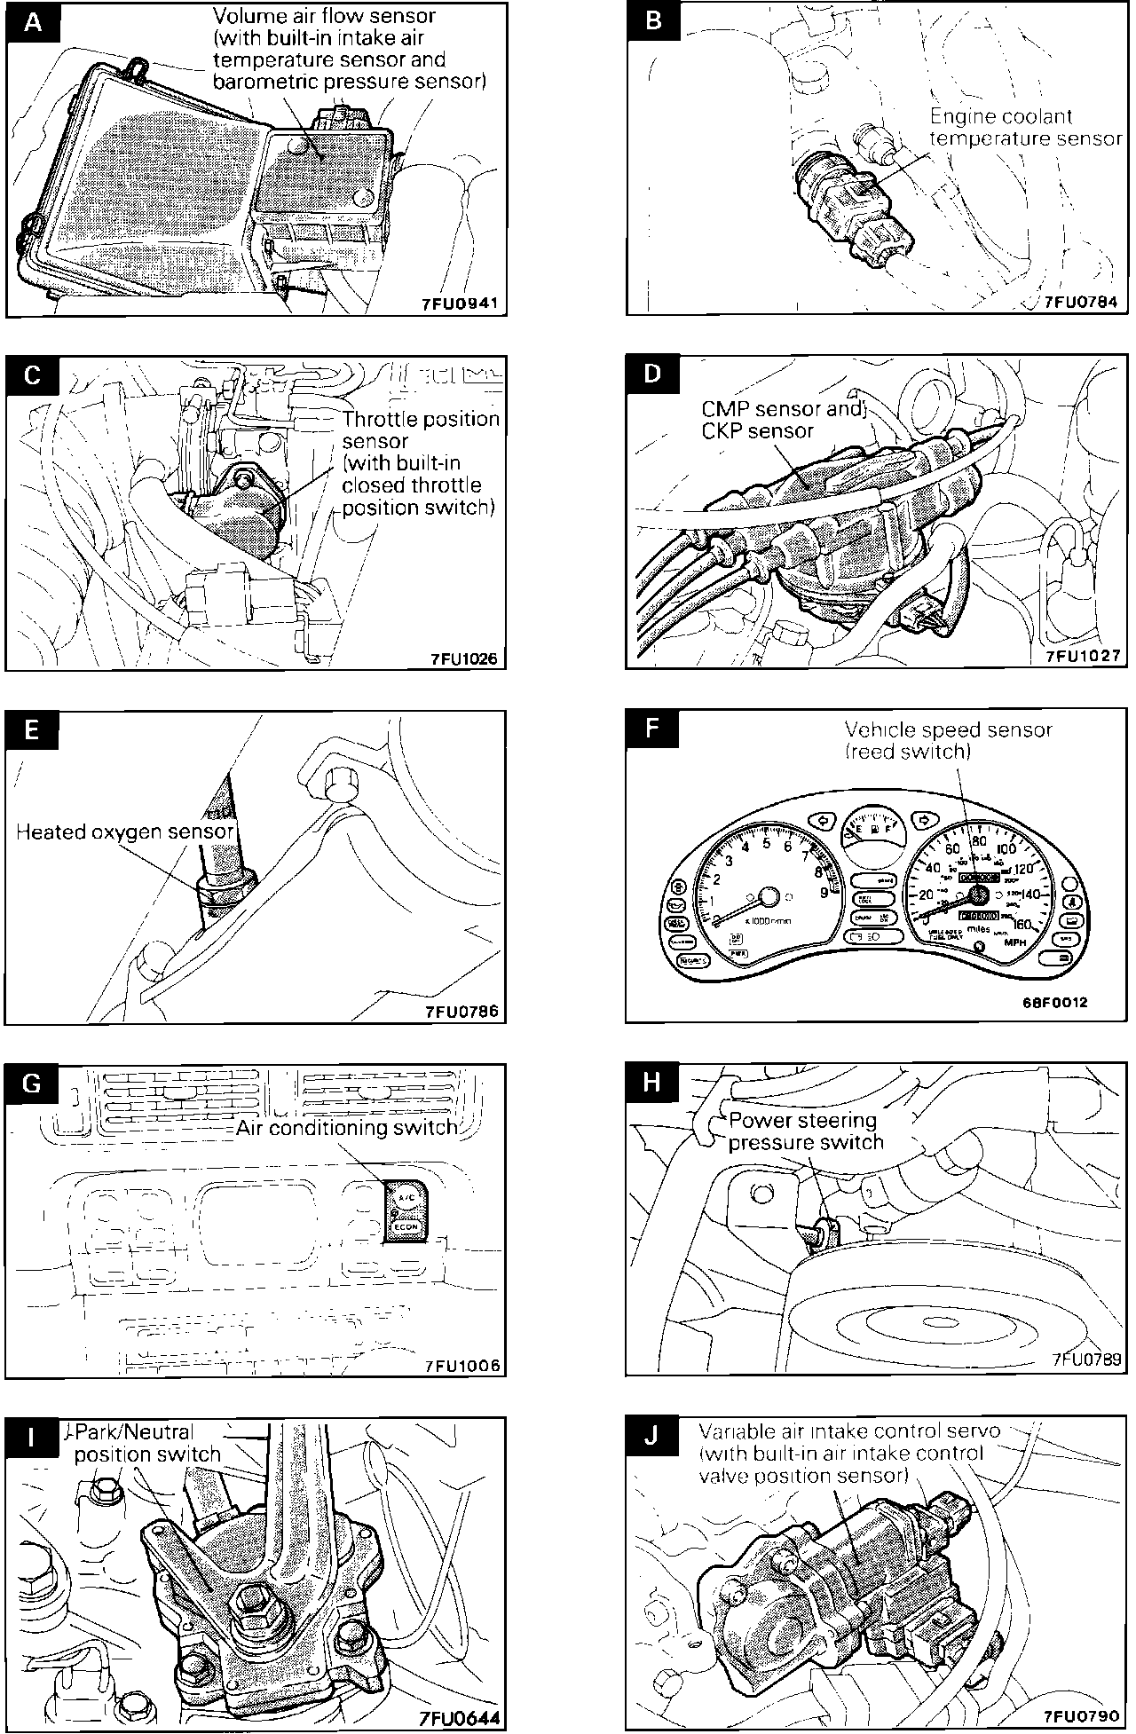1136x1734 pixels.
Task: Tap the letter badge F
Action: coord(652,729)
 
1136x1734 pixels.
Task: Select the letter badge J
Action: coord(652,1436)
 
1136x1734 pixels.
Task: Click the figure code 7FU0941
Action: coord(461,303)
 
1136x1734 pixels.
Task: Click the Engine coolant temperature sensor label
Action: coord(1025,127)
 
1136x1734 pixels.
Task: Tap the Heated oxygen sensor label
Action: coord(125,832)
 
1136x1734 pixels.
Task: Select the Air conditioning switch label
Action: coord(347,1127)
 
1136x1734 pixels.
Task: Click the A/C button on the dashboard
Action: coord(406,1197)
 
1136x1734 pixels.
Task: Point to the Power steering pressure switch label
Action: coord(805,1131)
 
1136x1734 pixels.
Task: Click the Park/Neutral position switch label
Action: coord(146,1443)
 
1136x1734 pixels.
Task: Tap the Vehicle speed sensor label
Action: coord(948,740)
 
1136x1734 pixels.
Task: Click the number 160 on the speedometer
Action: coord(1020,925)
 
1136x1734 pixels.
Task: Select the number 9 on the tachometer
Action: coord(824,892)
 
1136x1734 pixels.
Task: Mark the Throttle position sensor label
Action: coord(421,462)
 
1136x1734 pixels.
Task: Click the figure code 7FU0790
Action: coord(1082,1716)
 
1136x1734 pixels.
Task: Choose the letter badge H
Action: coord(652,1082)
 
